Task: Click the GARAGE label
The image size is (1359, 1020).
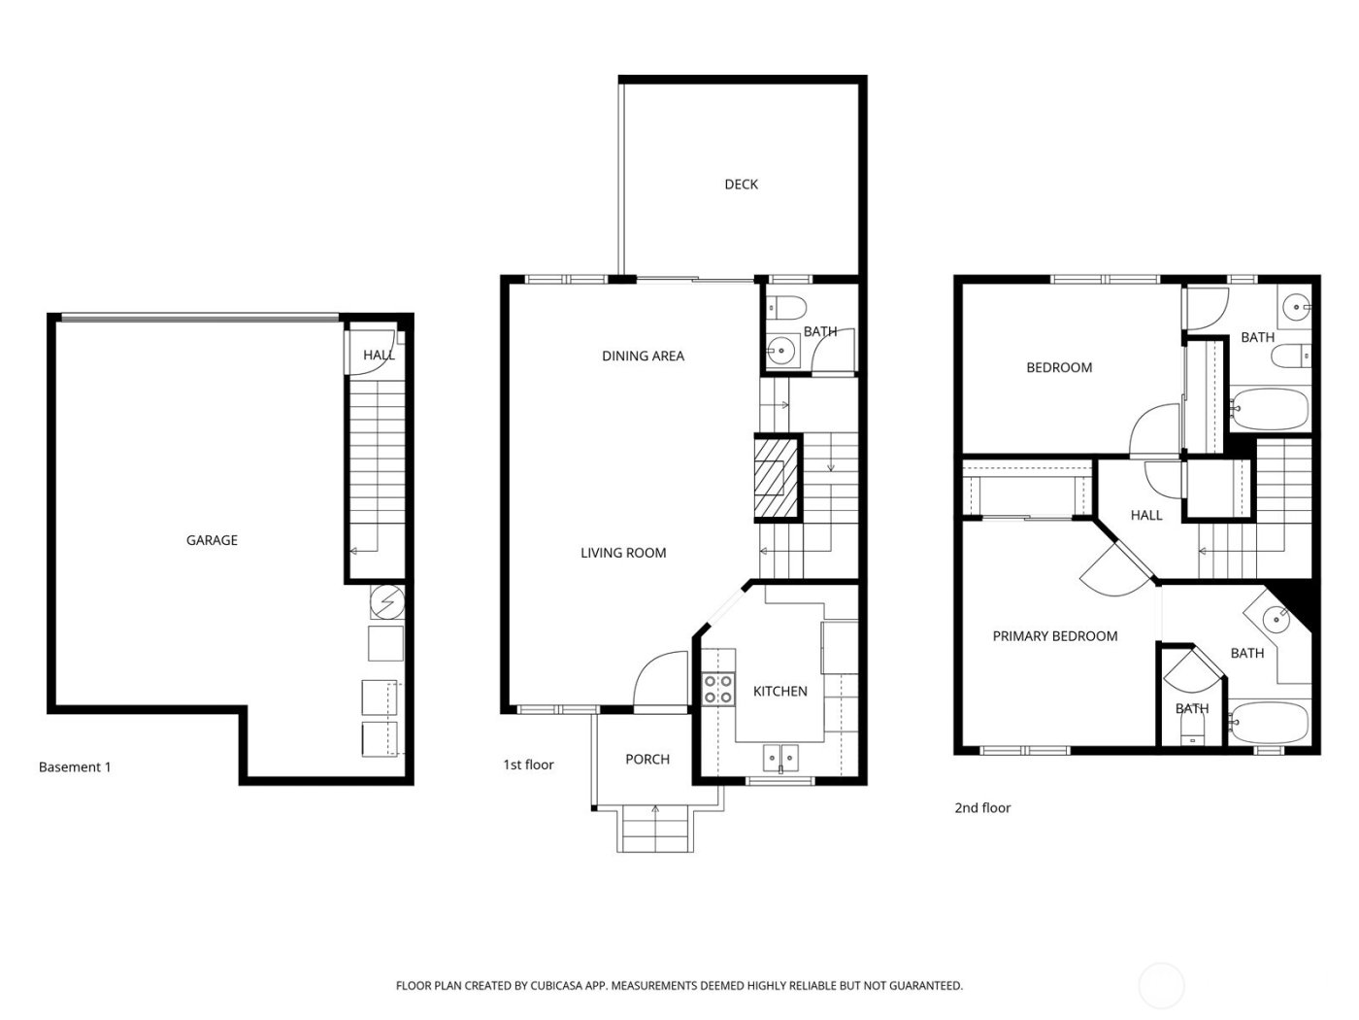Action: pyautogui.click(x=212, y=540)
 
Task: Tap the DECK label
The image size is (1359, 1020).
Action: pyautogui.click(x=741, y=185)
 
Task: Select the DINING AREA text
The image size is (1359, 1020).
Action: pyautogui.click(x=643, y=357)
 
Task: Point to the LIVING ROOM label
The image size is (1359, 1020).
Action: pyautogui.click(x=623, y=553)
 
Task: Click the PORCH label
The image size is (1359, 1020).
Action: pyautogui.click(x=647, y=760)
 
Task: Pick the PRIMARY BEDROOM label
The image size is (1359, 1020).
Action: pyautogui.click(x=1054, y=636)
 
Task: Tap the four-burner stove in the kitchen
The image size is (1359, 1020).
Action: pyautogui.click(x=718, y=689)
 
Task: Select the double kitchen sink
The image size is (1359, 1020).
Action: pyautogui.click(x=780, y=755)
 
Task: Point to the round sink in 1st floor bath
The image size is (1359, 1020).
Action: pyautogui.click(x=781, y=351)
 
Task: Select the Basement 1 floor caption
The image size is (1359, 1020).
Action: pyautogui.click(x=75, y=767)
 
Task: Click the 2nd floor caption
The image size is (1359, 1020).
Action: pyautogui.click(x=982, y=808)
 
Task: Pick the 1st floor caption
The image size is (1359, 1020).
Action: pyautogui.click(x=528, y=765)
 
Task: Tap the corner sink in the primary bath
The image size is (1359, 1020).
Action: pyautogui.click(x=1276, y=616)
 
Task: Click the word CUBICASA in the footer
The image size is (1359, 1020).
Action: pyautogui.click(x=556, y=986)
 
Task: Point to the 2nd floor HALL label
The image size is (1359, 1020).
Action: pyautogui.click(x=1145, y=515)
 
